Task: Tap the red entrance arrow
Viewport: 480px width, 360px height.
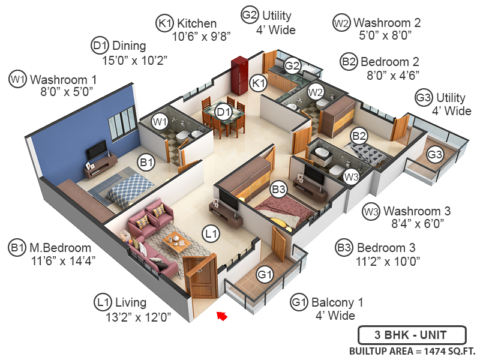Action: pos(222,315)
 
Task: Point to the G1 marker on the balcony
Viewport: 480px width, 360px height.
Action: pos(265,275)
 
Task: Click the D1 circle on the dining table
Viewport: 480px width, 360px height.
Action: pos(223,111)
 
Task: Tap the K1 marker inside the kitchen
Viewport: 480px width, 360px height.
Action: pos(258,83)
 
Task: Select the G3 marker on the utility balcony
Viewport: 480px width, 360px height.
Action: pos(435,155)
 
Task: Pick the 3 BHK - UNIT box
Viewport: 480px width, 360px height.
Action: pos(412,335)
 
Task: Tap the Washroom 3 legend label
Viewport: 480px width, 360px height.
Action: pos(417,211)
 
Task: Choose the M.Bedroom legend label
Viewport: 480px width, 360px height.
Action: pos(61,248)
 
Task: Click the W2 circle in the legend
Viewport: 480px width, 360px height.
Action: pos(341,23)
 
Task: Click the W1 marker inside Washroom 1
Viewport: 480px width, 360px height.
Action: pos(159,122)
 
